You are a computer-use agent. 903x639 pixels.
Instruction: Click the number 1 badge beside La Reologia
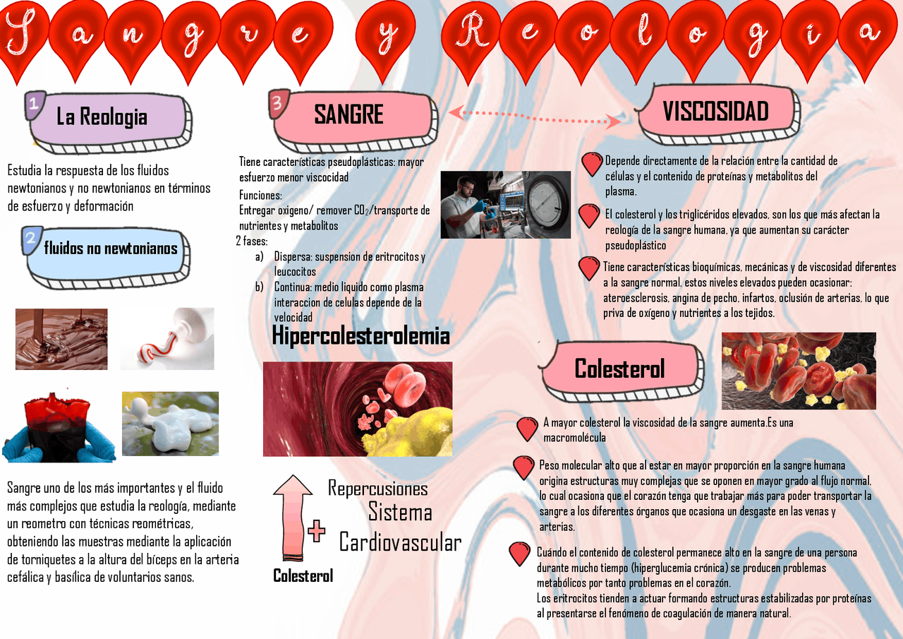[x=34, y=104]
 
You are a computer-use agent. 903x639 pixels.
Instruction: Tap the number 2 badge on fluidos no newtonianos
[x=31, y=240]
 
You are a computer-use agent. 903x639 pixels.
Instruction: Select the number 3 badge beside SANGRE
[x=277, y=104]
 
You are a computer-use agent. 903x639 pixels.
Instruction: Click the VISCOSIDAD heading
[x=715, y=112]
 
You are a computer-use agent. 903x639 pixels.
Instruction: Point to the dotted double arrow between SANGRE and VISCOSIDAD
[x=534, y=116]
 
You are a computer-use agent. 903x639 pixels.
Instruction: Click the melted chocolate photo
[x=61, y=339]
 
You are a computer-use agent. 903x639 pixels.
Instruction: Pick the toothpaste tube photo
[x=167, y=339]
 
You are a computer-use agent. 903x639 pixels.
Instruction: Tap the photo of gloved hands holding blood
[x=59, y=427]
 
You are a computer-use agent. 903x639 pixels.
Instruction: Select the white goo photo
[x=170, y=424]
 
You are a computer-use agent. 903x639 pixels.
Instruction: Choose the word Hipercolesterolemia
[x=360, y=336]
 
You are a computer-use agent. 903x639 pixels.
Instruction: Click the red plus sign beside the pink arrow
[x=316, y=531]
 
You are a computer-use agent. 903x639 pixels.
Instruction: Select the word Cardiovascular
[x=400, y=542]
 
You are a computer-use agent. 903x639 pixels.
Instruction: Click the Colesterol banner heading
[x=619, y=369]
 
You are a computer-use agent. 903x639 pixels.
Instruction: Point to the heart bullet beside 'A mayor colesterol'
[x=527, y=429]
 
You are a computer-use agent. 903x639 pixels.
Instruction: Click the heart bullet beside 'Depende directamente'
[x=592, y=164]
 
